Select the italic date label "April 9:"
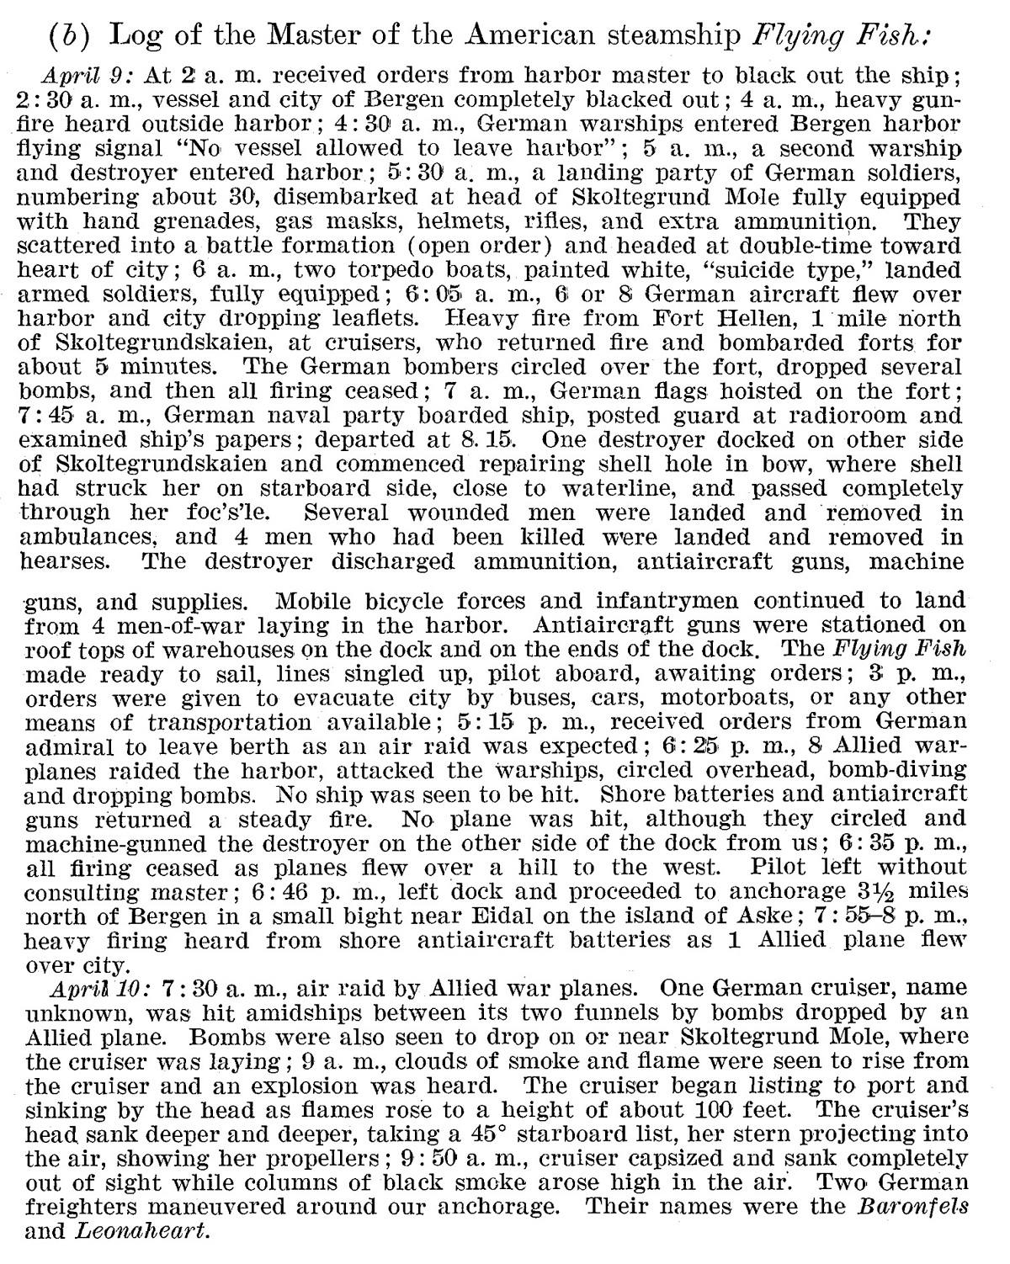(x=94, y=74)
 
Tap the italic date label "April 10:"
(x=100, y=987)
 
